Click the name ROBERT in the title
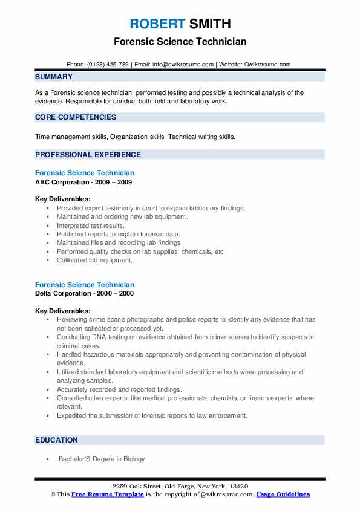pos(156,24)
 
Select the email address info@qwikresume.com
pos(184,65)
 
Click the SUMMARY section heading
pos(54,77)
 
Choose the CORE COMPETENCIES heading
pos(76,117)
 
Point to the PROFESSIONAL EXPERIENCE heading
pos(88,155)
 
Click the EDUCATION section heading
pos(56,440)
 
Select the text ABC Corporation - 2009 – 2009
pos(83,182)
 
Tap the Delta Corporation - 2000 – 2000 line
pos(84,293)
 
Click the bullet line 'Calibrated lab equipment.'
pos(94,260)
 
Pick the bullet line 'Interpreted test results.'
pos(90,225)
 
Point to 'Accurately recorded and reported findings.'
pos(119,390)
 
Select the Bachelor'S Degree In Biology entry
pos(102,459)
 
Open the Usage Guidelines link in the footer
pos(283,494)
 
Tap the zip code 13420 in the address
pos(237,487)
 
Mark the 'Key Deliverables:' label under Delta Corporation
pos(63,311)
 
